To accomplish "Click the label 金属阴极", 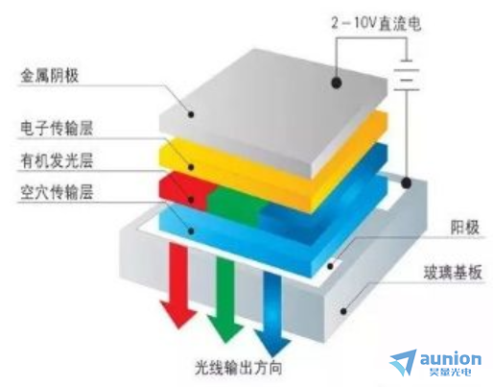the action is pyautogui.click(x=50, y=76).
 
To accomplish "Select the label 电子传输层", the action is pyautogui.click(x=57, y=128).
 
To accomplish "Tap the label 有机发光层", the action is pyautogui.click(x=57, y=160).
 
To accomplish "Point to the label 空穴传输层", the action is pyautogui.click(x=57, y=192).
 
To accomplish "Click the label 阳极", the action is pyautogui.click(x=464, y=228).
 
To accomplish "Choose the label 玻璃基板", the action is pyautogui.click(x=453, y=273).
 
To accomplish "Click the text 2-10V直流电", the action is pyautogui.click(x=376, y=23).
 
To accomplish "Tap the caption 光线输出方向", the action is pyautogui.click(x=239, y=368).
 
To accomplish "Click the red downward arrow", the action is pyautogui.click(x=177, y=285).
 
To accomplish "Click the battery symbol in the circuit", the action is pyautogui.click(x=407, y=75).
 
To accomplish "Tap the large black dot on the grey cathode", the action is pyautogui.click(x=337, y=83).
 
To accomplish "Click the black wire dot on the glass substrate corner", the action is pyautogui.click(x=406, y=182).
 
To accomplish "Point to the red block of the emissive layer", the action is pyautogui.click(x=185, y=191).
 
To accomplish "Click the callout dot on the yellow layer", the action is pyautogui.click(x=191, y=167).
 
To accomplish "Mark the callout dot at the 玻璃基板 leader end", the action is pyautogui.click(x=343, y=311).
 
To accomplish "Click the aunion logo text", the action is pyautogui.click(x=451, y=359).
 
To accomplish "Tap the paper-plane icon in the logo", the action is pyautogui.click(x=404, y=362).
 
